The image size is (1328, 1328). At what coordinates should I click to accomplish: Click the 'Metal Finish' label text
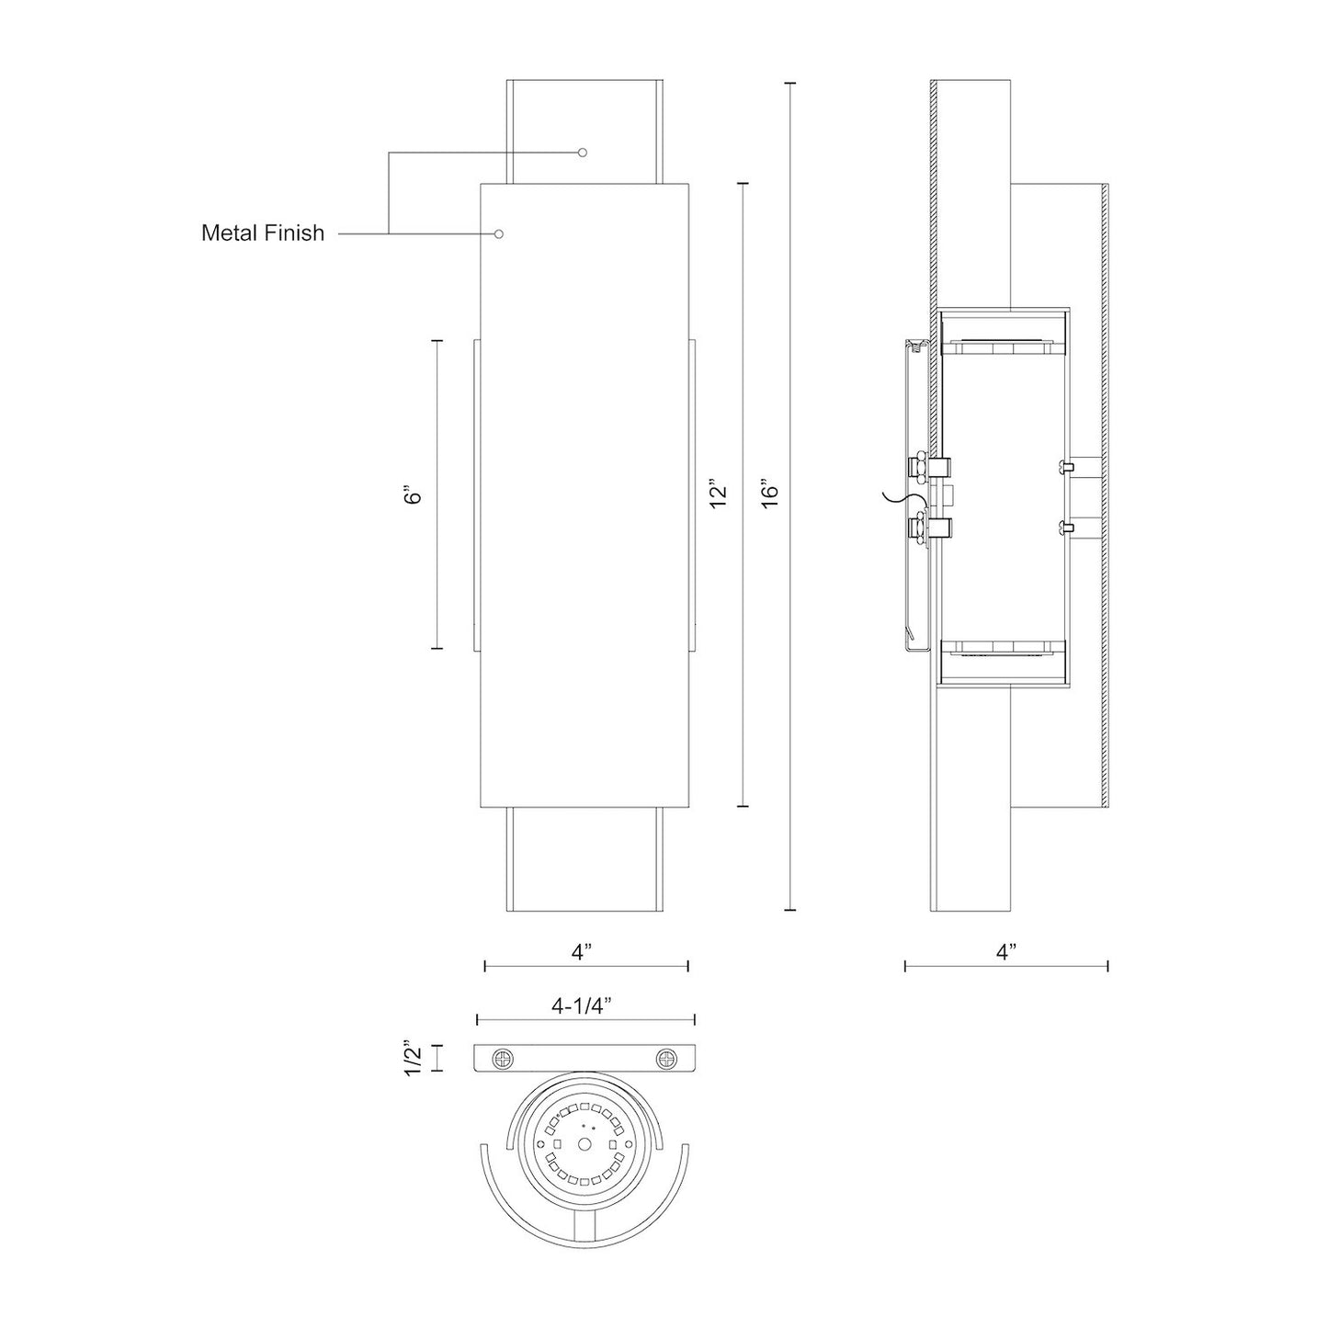[262, 233]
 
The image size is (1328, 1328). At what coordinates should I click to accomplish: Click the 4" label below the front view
[581, 952]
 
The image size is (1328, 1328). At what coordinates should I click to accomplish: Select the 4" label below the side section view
[1006, 952]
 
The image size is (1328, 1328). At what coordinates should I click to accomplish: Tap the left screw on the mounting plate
[503, 1059]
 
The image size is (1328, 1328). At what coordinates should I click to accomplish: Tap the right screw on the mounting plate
[664, 1059]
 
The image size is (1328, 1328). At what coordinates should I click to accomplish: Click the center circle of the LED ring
[585, 1144]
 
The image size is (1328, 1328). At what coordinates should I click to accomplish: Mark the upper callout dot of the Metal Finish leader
[582, 153]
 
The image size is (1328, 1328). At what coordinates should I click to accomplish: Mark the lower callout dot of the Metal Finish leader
[499, 233]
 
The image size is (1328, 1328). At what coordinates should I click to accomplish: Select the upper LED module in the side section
[1002, 346]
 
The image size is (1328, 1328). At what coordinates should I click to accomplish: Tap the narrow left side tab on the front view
[476, 494]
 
